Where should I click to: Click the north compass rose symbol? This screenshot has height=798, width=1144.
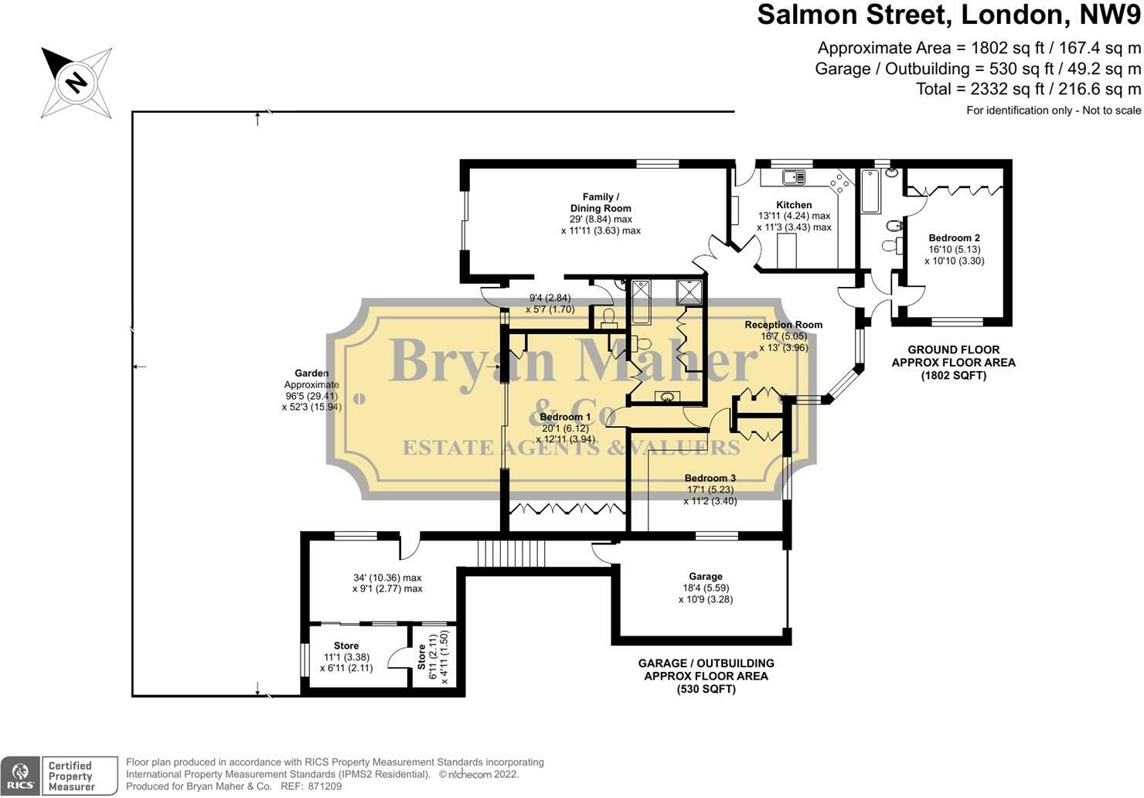(x=76, y=82)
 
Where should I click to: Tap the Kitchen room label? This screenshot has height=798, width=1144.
(x=794, y=205)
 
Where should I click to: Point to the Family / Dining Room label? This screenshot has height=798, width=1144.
(x=601, y=203)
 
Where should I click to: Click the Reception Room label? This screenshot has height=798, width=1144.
(x=783, y=325)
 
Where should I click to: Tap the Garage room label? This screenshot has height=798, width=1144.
(x=705, y=576)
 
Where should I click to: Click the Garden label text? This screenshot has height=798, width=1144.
(x=311, y=373)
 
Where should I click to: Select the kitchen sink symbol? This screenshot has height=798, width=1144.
(x=793, y=177)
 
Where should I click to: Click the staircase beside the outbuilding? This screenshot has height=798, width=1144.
(x=511, y=554)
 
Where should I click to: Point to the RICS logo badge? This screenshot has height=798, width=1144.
(x=20, y=776)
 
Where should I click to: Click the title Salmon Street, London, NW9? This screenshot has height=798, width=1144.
(x=948, y=15)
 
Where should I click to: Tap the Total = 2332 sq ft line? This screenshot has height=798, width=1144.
(x=1027, y=89)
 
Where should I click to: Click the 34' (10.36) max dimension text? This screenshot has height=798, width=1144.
(x=386, y=578)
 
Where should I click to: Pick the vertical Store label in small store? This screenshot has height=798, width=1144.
(x=421, y=658)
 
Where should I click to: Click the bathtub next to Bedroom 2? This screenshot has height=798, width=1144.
(x=869, y=190)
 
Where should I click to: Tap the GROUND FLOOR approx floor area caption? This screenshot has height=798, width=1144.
(x=953, y=363)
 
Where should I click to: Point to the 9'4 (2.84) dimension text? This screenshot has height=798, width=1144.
(x=550, y=298)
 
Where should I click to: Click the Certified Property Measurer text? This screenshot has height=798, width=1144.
(x=70, y=776)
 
